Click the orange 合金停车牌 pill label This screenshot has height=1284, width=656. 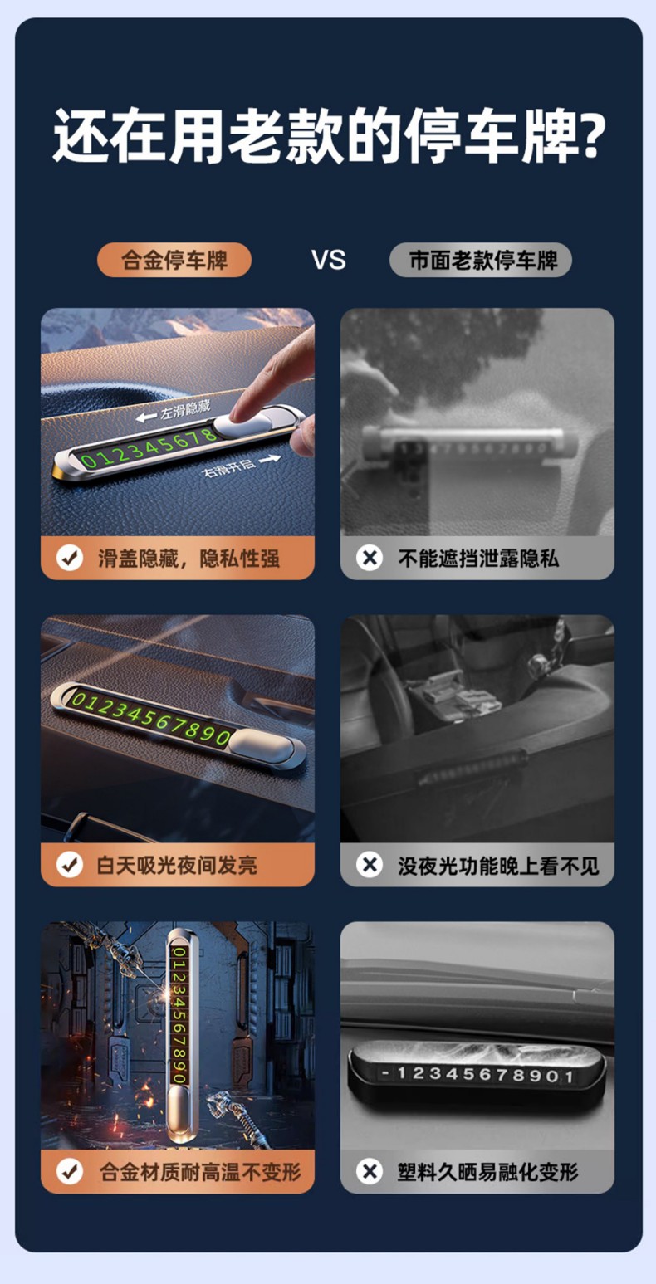coord(174,260)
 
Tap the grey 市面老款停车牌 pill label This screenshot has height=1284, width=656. coord(481,260)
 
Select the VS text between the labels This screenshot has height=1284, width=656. coord(328,260)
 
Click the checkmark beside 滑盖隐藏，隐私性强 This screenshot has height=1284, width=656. coord(70,558)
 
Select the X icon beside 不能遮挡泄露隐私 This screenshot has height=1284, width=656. coord(370,558)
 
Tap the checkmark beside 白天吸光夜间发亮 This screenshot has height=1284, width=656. coord(70,865)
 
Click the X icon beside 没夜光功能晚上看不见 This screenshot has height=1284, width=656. coord(370,865)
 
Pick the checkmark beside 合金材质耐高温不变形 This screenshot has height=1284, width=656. coord(70,1172)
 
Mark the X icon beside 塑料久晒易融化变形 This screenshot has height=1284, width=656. coord(370,1172)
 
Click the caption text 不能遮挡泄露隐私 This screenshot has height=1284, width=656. coord(478,558)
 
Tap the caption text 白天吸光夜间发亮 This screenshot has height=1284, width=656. coord(177,865)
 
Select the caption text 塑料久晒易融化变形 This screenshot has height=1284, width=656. coord(487,1172)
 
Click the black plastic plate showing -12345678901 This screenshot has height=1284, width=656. coord(477,1073)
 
